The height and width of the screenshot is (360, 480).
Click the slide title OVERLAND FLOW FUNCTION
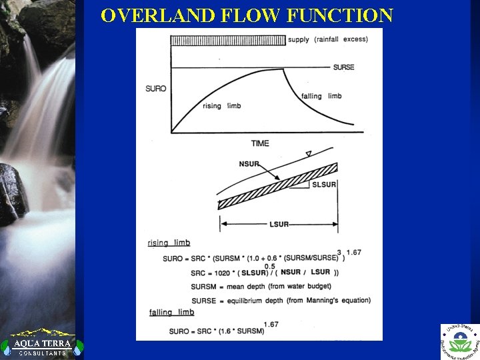(247, 15)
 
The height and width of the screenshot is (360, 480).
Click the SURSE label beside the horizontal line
(343, 67)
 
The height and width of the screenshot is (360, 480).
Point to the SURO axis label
(155, 89)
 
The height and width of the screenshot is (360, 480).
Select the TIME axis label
(260, 143)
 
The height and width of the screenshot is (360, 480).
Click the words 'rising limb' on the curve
(221, 106)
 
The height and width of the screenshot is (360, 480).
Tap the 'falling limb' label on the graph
(321, 96)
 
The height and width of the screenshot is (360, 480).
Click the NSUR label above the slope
(249, 165)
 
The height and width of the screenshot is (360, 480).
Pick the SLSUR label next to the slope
(324, 184)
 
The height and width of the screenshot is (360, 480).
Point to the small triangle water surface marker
(307, 154)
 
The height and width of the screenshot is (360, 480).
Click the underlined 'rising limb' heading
(169, 243)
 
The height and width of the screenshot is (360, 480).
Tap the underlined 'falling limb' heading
(171, 312)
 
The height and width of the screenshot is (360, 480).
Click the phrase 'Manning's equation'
(336, 300)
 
